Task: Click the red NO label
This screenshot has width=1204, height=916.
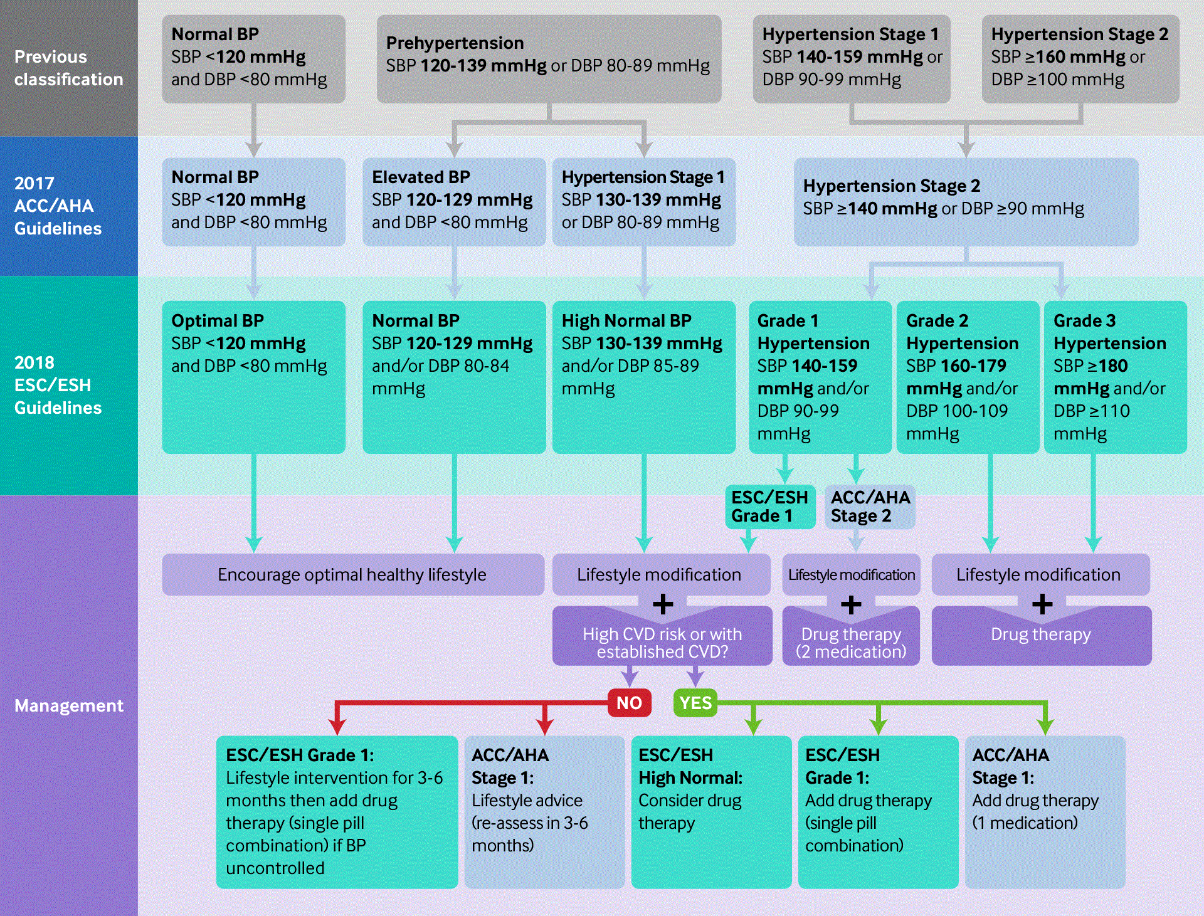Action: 629,703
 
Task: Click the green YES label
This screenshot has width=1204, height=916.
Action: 695,703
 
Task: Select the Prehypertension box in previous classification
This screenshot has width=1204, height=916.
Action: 549,59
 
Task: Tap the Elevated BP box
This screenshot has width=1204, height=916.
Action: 454,201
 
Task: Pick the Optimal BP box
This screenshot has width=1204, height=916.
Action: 253,377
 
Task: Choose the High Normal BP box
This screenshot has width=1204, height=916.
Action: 643,377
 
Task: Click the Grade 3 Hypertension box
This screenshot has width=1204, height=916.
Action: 1115,377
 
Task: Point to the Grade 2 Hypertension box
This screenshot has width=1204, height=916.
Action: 967,377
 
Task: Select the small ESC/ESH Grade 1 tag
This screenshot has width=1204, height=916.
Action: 770,507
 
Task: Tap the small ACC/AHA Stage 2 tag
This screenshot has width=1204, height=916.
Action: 870,507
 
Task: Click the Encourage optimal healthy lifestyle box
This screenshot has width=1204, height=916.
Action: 352,574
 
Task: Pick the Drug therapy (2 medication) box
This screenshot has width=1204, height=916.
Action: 851,642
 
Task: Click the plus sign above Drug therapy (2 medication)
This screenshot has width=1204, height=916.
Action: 851,605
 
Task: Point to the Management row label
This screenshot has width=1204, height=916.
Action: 68,705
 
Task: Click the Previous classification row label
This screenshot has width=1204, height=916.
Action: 68,68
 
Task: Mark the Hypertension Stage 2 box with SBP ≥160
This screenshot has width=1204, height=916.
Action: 1080,59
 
